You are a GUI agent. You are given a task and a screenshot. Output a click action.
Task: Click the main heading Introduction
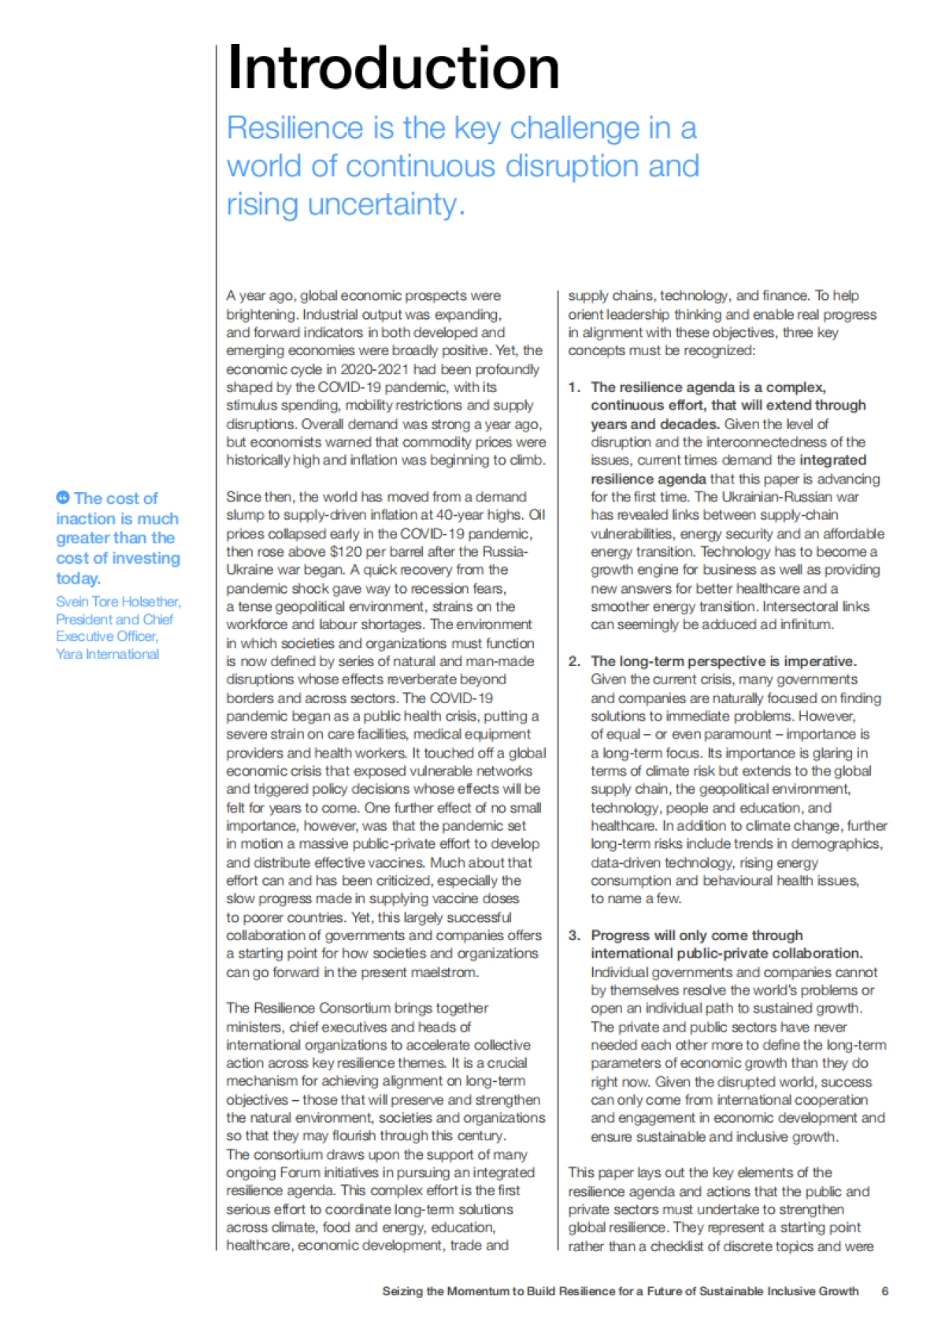tap(393, 69)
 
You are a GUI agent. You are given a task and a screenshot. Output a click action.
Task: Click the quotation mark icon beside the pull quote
tap(63, 497)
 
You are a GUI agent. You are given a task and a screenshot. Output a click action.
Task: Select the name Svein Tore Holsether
tap(117, 602)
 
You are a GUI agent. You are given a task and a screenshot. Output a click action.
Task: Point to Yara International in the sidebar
tap(107, 654)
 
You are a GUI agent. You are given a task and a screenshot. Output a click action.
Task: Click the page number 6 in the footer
tap(885, 1291)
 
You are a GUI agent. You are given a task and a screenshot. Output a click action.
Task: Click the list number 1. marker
tap(574, 387)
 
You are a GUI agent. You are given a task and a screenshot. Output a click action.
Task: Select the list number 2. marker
tap(574, 661)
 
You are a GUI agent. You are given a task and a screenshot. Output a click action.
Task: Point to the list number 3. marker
tap(574, 935)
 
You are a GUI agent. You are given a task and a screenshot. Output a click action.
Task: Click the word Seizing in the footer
tap(402, 1291)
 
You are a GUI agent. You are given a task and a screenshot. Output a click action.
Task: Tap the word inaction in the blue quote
tap(85, 519)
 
